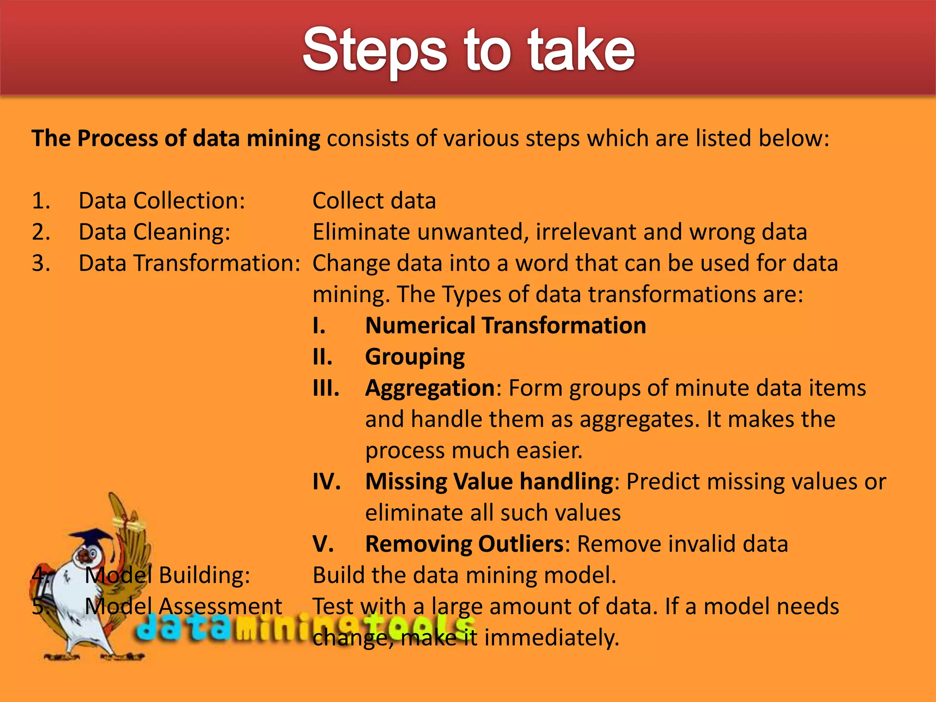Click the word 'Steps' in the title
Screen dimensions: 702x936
coord(374,50)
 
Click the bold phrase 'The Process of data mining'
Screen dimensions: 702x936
coord(175,138)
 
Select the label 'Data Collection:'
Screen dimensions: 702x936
coord(162,201)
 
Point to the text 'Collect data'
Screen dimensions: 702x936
coord(374,201)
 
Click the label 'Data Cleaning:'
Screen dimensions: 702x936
coord(154,232)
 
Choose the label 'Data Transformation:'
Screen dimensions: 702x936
coord(189,263)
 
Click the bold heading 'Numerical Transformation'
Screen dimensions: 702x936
coord(505,326)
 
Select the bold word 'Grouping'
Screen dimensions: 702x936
coord(415,357)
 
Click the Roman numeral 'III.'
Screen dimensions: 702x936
coord(326,388)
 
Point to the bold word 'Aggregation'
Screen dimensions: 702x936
coord(430,388)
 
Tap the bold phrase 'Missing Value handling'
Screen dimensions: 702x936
coord(489,482)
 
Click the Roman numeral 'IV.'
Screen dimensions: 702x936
coord(326,482)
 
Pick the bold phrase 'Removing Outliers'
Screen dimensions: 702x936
coord(464,544)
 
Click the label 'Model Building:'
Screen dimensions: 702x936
coord(167,575)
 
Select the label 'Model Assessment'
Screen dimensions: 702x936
coord(183,606)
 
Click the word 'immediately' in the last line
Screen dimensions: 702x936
coord(551,638)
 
